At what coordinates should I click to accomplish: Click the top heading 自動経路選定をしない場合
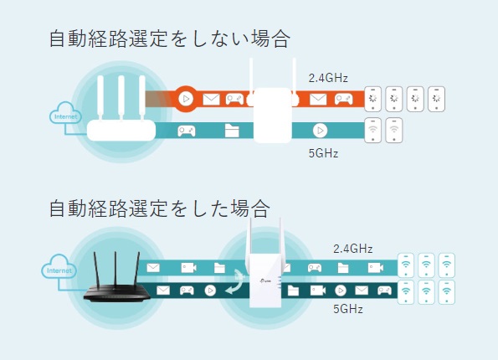pyautogui.click(x=169, y=39)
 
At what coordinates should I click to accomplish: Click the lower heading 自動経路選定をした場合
pyautogui.click(x=159, y=208)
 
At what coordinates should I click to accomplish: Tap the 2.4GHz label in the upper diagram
pyautogui.click(x=328, y=78)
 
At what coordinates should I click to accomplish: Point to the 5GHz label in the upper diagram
pyautogui.click(x=323, y=153)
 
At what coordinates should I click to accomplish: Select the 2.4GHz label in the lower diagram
pyautogui.click(x=353, y=249)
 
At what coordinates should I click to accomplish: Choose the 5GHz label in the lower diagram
pyautogui.click(x=348, y=309)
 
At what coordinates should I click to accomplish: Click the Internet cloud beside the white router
pyautogui.click(x=65, y=113)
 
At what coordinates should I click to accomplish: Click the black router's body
pyautogui.click(x=117, y=293)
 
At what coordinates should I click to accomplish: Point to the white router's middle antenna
pyautogui.click(x=121, y=97)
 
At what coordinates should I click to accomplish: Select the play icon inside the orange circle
pyautogui.click(x=186, y=99)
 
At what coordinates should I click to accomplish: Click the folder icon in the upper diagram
pyautogui.click(x=232, y=131)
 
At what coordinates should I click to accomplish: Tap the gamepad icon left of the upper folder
pyautogui.click(x=187, y=131)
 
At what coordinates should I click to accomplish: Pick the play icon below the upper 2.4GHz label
pyautogui.click(x=320, y=131)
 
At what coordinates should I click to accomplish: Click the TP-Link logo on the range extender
pyautogui.click(x=265, y=280)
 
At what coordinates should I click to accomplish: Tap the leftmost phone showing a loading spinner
pyautogui.click(x=372, y=99)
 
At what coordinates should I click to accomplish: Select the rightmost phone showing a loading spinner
pyautogui.click(x=436, y=99)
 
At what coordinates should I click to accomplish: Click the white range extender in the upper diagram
pyautogui.click(x=273, y=115)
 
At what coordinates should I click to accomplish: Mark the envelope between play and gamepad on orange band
pyautogui.click(x=211, y=99)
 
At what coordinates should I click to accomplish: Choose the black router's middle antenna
pyautogui.click(x=116, y=269)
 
